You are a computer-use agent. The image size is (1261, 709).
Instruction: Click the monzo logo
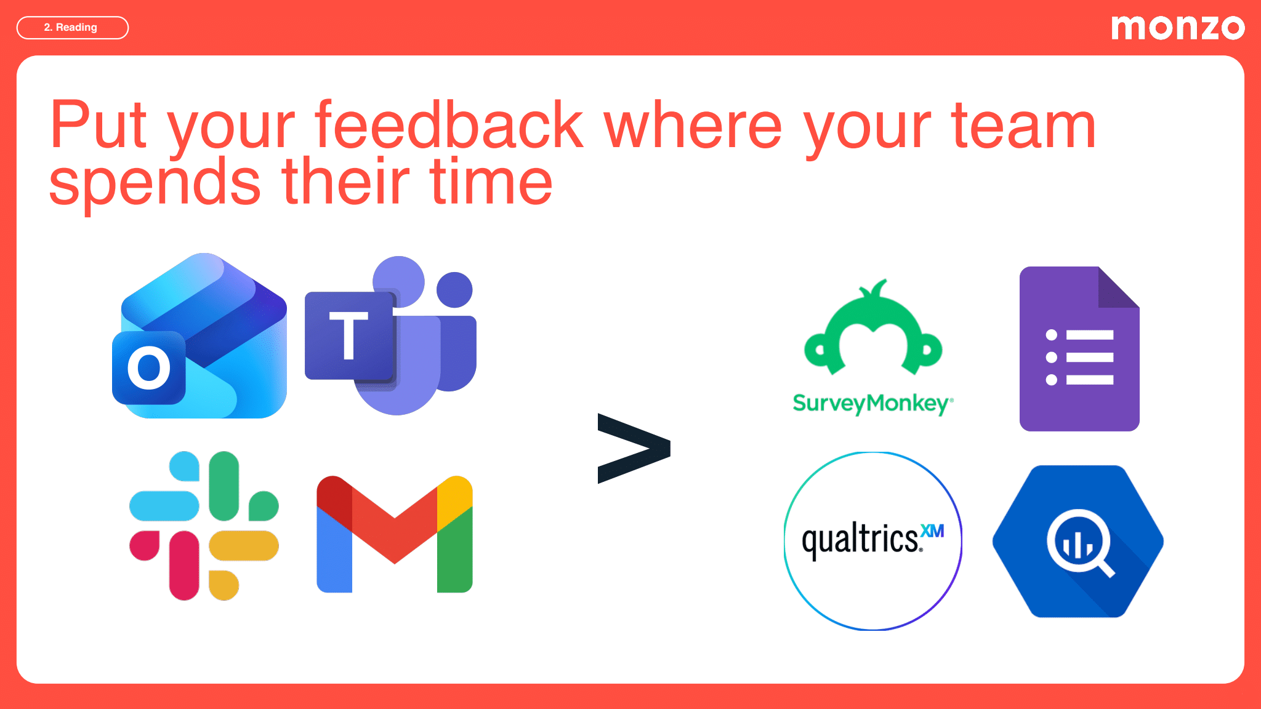tap(1177, 28)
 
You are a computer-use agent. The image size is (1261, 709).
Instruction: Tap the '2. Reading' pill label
tap(72, 28)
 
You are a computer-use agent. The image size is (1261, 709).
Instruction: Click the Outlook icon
tap(200, 336)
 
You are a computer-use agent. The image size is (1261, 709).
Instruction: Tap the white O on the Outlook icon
tap(149, 368)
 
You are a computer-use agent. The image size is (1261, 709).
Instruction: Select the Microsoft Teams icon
tap(390, 335)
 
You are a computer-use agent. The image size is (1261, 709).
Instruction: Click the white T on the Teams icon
tap(348, 335)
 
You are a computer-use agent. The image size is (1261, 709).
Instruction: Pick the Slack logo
tap(204, 526)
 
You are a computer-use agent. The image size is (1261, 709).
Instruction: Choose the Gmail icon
tap(394, 534)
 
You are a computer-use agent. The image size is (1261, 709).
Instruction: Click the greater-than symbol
tap(633, 448)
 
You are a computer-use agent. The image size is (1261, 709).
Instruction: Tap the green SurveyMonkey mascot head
tap(873, 332)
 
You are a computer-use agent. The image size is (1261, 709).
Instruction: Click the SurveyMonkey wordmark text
tap(872, 404)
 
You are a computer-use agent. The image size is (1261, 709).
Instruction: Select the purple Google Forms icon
tap(1079, 349)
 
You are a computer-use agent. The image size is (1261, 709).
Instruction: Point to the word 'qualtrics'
tap(860, 540)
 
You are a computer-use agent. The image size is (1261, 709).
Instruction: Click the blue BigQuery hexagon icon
tap(1078, 541)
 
